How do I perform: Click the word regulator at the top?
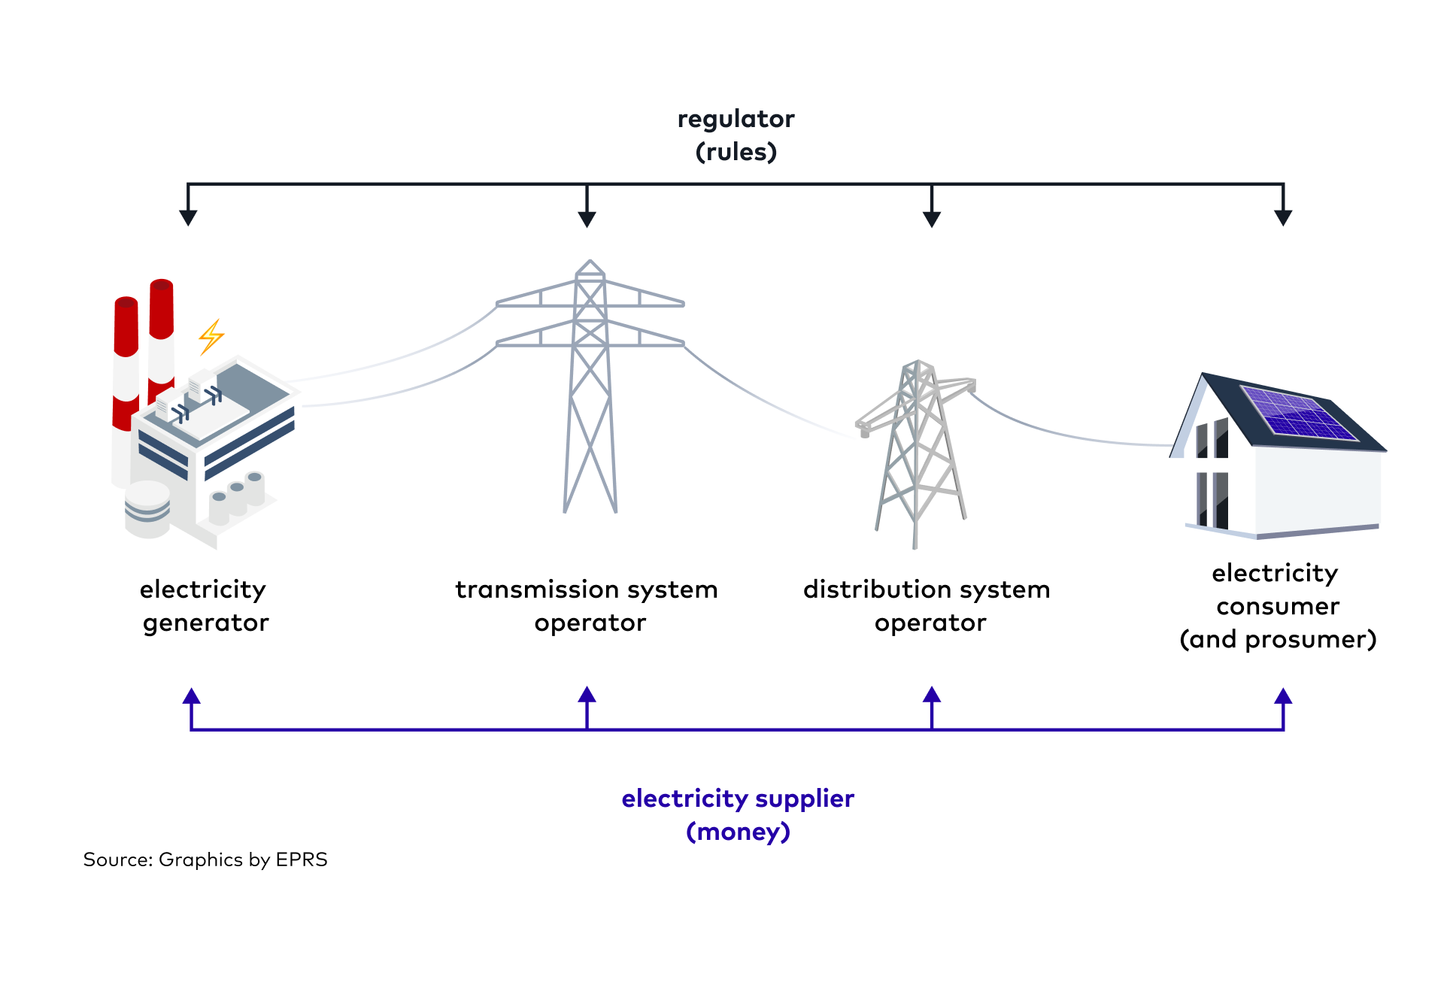[x=736, y=119]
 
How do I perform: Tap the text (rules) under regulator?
[x=736, y=152]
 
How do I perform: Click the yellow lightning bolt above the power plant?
[x=211, y=336]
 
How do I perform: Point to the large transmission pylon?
[x=590, y=383]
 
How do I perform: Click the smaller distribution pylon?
[x=918, y=451]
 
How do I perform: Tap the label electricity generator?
[x=204, y=606]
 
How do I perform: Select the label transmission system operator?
[x=587, y=606]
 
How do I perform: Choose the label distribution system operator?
[x=927, y=606]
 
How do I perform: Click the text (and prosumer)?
[x=1278, y=639]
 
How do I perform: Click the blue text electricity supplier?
[x=738, y=799]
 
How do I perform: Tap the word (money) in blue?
[x=738, y=832]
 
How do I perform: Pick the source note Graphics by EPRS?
[x=205, y=859]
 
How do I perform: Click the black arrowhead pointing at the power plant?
[x=188, y=217]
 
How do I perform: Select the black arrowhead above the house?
[x=1283, y=217]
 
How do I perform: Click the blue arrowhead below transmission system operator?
[x=587, y=695]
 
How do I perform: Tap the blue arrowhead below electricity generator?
[x=192, y=696]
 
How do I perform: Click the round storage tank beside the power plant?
[x=147, y=509]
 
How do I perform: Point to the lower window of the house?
[x=1212, y=499]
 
